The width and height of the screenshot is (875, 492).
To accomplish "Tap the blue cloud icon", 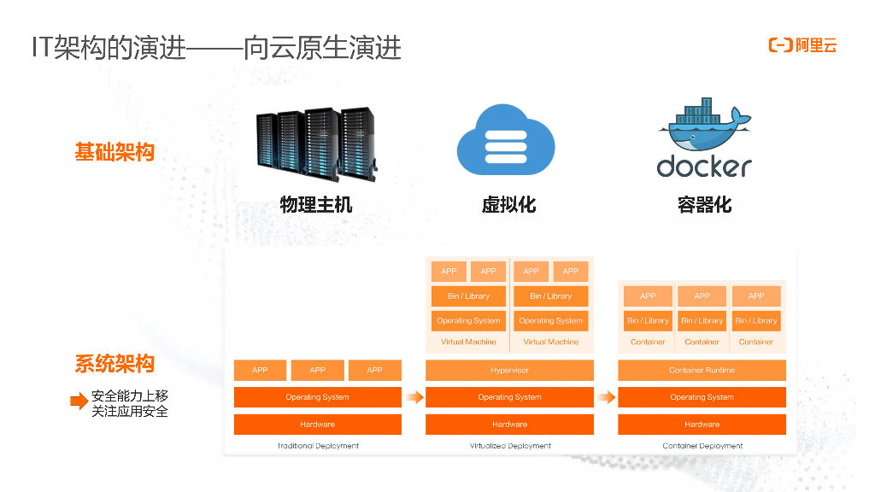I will [x=505, y=139].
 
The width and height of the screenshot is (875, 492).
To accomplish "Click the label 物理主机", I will [x=315, y=205].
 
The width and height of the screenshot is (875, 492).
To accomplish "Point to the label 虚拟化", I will [x=508, y=205].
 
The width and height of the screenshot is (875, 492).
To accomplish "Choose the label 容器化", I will [x=704, y=205].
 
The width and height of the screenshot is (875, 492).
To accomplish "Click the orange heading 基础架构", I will [x=115, y=153].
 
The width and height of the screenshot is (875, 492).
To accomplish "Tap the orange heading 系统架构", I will [x=115, y=365].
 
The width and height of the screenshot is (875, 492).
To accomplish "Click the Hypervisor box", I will [x=509, y=371].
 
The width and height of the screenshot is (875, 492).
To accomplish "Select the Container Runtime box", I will [x=702, y=371].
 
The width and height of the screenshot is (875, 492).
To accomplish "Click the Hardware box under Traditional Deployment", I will [x=317, y=425].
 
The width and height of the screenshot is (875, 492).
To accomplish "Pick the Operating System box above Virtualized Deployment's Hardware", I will [x=509, y=397].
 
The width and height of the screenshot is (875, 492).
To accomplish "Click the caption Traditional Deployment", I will [x=318, y=446].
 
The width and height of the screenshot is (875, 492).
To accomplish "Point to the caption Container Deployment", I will [x=702, y=446].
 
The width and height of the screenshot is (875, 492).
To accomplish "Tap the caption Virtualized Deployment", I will [x=510, y=446].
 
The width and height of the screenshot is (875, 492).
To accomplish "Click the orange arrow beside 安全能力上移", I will [x=79, y=401].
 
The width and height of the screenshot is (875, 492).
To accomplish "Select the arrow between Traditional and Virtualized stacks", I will [x=414, y=397].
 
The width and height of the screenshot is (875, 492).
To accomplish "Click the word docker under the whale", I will [x=703, y=166].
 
